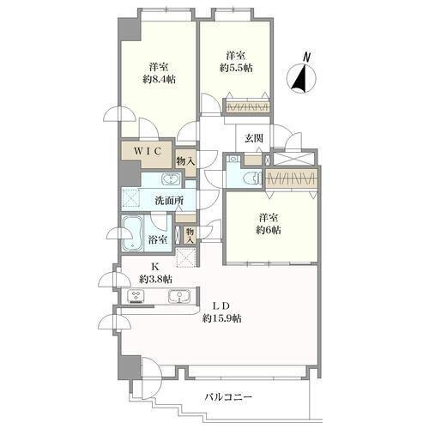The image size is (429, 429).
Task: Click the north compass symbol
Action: tap(302, 74)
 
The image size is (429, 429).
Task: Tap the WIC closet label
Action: tap(148, 151)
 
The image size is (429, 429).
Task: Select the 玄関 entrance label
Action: tap(254, 138)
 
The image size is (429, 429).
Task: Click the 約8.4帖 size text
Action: tap(159, 79)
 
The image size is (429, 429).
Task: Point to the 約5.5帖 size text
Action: tap(236, 68)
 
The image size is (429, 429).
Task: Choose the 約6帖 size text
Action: tap(269, 230)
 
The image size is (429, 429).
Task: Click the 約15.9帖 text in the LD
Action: tap(222, 318)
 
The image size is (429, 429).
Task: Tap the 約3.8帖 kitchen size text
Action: tap(155, 279)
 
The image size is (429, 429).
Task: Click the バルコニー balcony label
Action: tap(228, 397)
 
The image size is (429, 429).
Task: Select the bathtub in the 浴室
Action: tap(132, 233)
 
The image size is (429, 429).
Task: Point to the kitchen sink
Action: tap(179, 296)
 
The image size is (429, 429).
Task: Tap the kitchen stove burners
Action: tap(136, 297)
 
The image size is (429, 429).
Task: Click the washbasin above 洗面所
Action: tap(172, 180)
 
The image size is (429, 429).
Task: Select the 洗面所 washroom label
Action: tap(169, 201)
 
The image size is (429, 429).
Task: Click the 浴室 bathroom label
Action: tap(158, 239)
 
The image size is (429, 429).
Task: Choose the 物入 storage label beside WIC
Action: tap(185, 161)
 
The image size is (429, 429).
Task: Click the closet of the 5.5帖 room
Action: tap(248, 106)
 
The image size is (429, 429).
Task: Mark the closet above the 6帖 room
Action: tap(292, 178)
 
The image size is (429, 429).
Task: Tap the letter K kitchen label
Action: tap(154, 267)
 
